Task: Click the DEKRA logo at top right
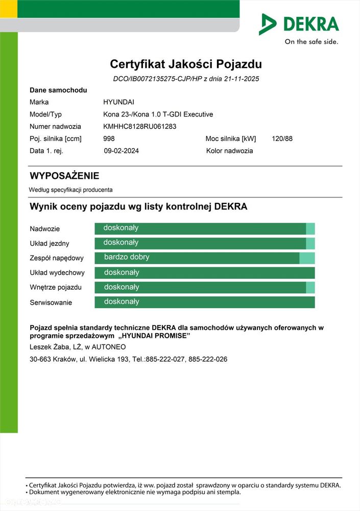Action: pyautogui.click(x=299, y=24)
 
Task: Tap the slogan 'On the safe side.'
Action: pyautogui.click(x=311, y=42)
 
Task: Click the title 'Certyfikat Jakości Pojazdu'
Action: pyautogui.click(x=186, y=64)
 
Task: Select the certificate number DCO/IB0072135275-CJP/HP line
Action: pyautogui.click(x=186, y=79)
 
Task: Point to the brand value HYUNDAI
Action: pyautogui.click(x=118, y=102)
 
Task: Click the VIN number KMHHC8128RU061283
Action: pyautogui.click(x=139, y=127)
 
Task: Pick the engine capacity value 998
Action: pyautogui.click(x=109, y=138)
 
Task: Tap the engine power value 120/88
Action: pyautogui.click(x=282, y=138)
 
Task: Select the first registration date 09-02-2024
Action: pyautogui.click(x=121, y=151)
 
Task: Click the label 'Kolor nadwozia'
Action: pyautogui.click(x=229, y=151)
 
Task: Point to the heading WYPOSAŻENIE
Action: pyautogui.click(x=64, y=176)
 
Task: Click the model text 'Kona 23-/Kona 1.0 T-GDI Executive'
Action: pyautogui.click(x=158, y=114)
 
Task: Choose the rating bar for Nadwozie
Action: pyautogui.click(x=204, y=228)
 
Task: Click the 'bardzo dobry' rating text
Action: pyautogui.click(x=127, y=257)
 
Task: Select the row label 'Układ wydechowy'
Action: pyautogui.click(x=57, y=273)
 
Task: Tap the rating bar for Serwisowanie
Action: pyautogui.click(x=204, y=302)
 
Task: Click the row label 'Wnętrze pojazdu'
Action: pyautogui.click(x=56, y=288)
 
